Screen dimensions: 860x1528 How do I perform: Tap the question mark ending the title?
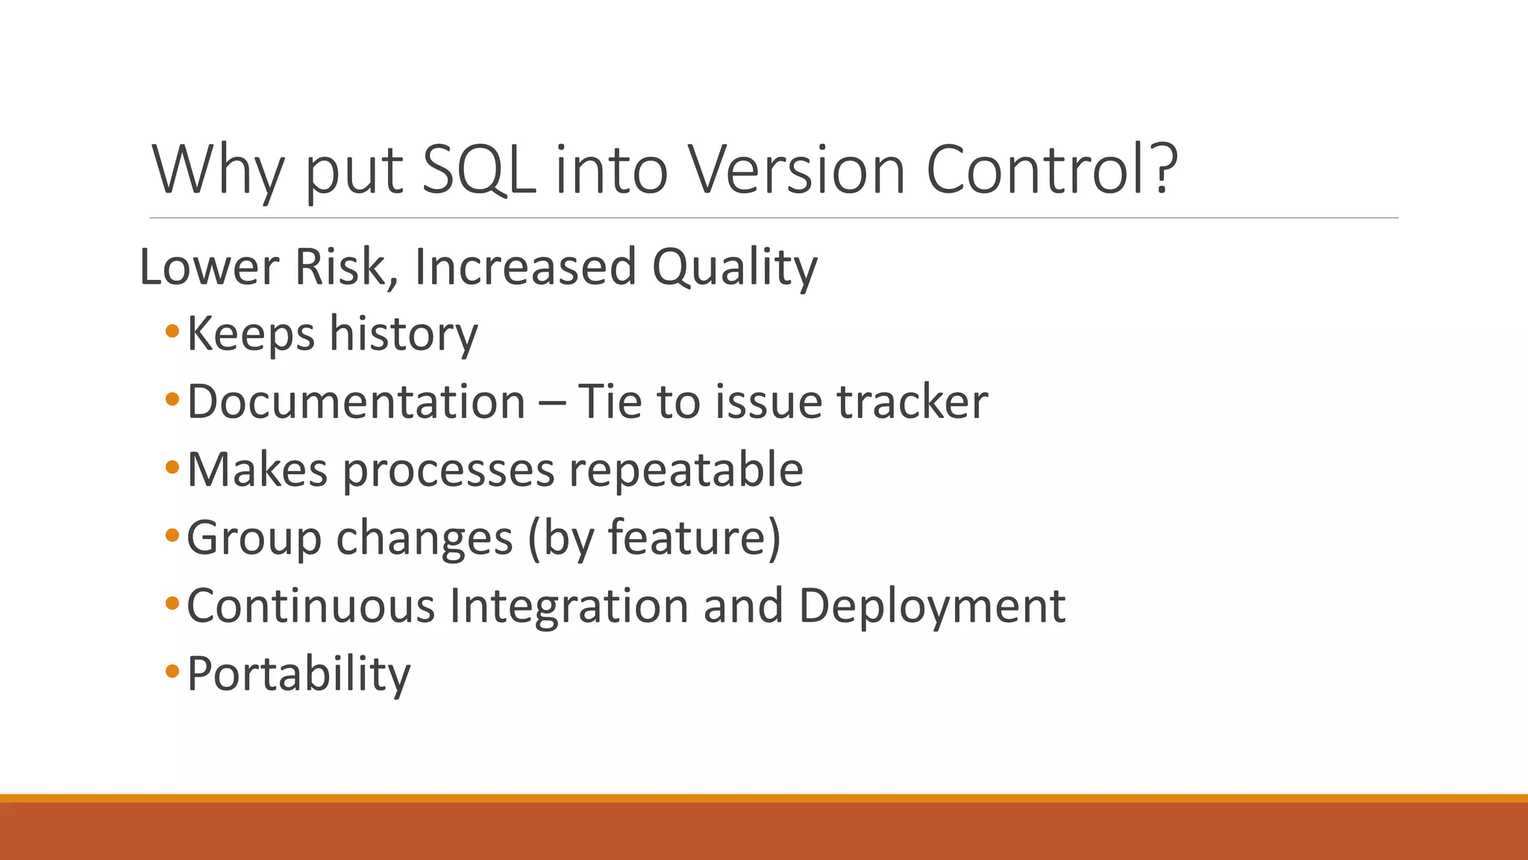(1161, 169)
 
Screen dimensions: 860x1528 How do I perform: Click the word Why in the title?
(218, 170)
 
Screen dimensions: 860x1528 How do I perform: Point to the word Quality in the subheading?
(734, 267)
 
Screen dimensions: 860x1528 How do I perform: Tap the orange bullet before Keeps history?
(172, 331)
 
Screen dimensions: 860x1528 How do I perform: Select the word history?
(403, 334)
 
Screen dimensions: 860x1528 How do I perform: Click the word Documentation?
(357, 402)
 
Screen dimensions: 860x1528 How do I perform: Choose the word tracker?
(912, 402)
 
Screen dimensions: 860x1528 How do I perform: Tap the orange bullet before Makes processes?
(172, 468)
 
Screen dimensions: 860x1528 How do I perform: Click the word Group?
(254, 538)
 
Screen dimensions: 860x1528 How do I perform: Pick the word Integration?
(569, 605)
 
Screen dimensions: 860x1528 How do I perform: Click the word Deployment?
(931, 606)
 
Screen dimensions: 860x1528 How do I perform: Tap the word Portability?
(298, 674)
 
